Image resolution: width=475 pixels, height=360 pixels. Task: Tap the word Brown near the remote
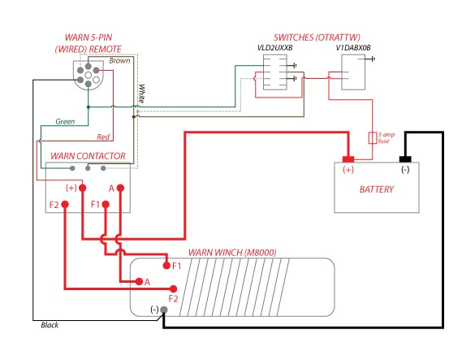[x=119, y=61]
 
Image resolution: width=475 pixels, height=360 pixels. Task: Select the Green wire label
[x=65, y=122]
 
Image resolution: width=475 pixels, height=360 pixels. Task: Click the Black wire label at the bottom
[x=50, y=325]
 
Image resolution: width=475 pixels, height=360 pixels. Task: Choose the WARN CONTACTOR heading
[x=88, y=154]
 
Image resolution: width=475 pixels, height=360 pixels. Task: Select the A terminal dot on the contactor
[x=120, y=188]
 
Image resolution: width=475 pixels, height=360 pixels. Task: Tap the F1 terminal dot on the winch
[x=166, y=266]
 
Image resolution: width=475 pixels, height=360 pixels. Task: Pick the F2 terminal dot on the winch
[x=173, y=288]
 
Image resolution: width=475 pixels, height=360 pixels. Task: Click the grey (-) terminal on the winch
[x=164, y=310]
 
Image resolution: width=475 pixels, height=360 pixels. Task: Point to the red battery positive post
[x=348, y=158]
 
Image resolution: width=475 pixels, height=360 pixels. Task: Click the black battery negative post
[x=405, y=158]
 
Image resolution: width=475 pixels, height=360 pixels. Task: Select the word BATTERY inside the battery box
[x=377, y=190]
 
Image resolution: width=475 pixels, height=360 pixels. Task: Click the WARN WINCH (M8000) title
[x=232, y=252]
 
